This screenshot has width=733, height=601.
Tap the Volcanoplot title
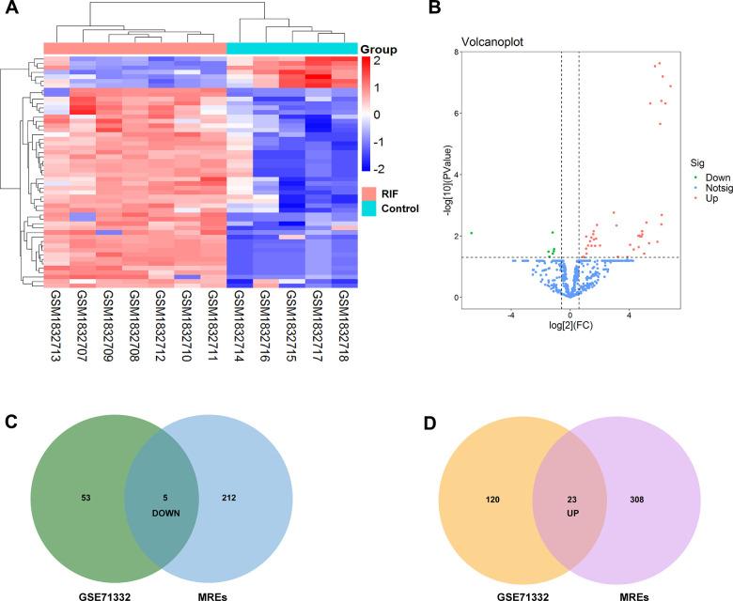(x=492, y=42)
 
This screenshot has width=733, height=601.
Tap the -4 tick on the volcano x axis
(x=508, y=315)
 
